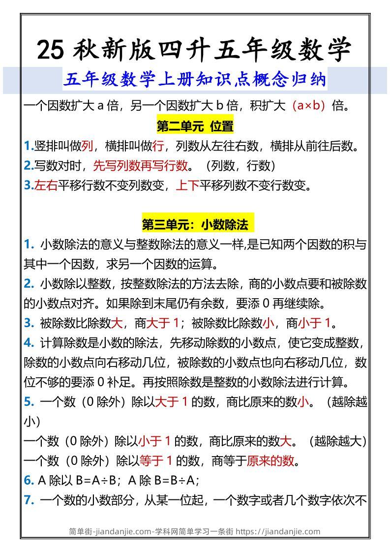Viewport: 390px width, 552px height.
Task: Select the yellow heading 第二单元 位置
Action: (195, 126)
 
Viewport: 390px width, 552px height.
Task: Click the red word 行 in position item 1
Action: (158, 146)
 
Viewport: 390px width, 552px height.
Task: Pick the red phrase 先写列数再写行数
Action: (140, 166)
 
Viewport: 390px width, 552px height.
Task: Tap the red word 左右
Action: (46, 185)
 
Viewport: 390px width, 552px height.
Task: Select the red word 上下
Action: (187, 185)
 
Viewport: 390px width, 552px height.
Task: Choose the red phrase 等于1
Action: (155, 461)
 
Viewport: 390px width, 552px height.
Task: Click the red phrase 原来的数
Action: (270, 461)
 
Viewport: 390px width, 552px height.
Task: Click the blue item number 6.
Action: (28, 481)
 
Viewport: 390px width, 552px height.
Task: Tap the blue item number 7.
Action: (29, 500)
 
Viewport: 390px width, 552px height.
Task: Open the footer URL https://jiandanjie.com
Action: (278, 531)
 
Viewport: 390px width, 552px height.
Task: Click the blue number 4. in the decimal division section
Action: (29, 343)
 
